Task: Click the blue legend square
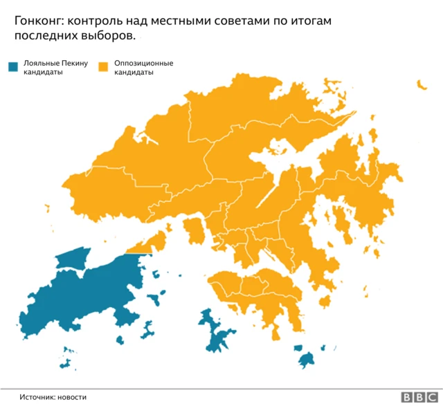point(12,67)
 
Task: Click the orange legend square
point(104,67)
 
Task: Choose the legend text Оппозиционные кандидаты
point(143,68)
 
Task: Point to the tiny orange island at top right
point(420,84)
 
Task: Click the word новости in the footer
point(73,397)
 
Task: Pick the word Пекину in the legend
point(75,64)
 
